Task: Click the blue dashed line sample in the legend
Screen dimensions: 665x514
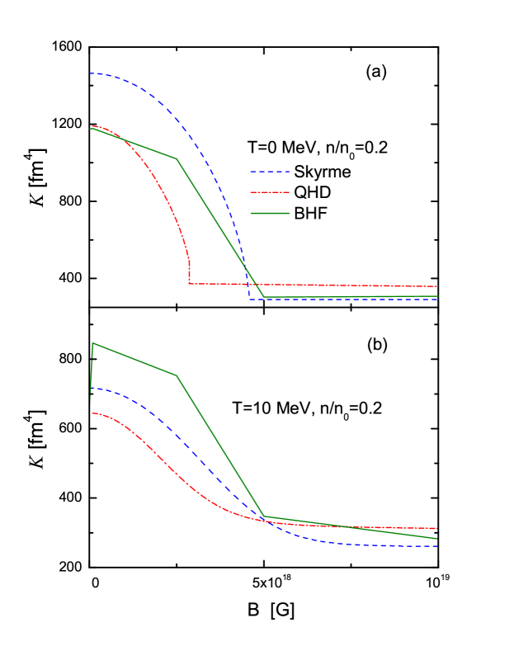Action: pyautogui.click(x=270, y=172)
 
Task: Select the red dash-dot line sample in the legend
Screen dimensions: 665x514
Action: pyautogui.click(x=270, y=192)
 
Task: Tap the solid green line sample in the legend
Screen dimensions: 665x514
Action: pyautogui.click(x=270, y=213)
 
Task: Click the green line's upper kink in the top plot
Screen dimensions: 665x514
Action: pyautogui.click(x=177, y=158)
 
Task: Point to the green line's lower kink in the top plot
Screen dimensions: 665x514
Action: pyautogui.click(x=263, y=297)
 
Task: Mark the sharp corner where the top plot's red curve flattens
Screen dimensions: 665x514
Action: pyautogui.click(x=190, y=284)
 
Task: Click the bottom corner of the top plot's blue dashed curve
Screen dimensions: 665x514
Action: pyautogui.click(x=250, y=299)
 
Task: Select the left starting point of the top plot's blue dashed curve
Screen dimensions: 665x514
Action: pyautogui.click(x=91, y=73)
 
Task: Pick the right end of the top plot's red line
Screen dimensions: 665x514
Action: pyautogui.click(x=436, y=286)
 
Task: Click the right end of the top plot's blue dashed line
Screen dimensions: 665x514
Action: pyautogui.click(x=436, y=299)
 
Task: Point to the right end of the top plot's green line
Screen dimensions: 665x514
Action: pyautogui.click(x=436, y=296)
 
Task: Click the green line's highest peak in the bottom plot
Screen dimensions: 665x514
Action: pyautogui.click(x=93, y=343)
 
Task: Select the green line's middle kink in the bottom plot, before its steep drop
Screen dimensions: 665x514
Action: pyautogui.click(x=177, y=375)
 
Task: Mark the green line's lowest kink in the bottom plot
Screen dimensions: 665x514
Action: pyautogui.click(x=264, y=516)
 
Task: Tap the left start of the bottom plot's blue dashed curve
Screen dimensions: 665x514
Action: pyautogui.click(x=91, y=388)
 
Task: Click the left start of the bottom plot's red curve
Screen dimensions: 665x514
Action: pyautogui.click(x=92, y=413)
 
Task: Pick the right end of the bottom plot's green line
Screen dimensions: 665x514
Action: pyautogui.click(x=436, y=539)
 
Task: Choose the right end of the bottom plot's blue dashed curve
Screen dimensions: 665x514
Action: pyautogui.click(x=436, y=546)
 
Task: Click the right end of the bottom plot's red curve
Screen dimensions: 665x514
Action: pyautogui.click(x=436, y=528)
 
